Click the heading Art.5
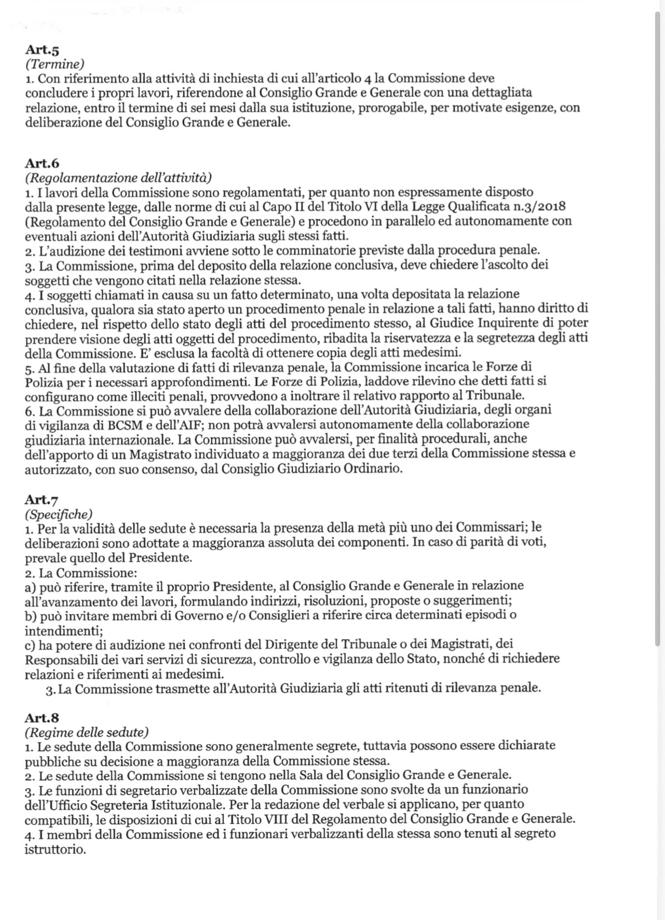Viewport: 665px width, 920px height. (x=42, y=50)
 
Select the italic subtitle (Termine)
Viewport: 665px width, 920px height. (x=55, y=64)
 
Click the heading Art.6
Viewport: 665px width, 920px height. (x=42, y=163)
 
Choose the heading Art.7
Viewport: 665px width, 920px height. (x=42, y=499)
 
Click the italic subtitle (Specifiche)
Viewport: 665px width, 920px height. (x=59, y=514)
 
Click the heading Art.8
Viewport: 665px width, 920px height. (x=42, y=718)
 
